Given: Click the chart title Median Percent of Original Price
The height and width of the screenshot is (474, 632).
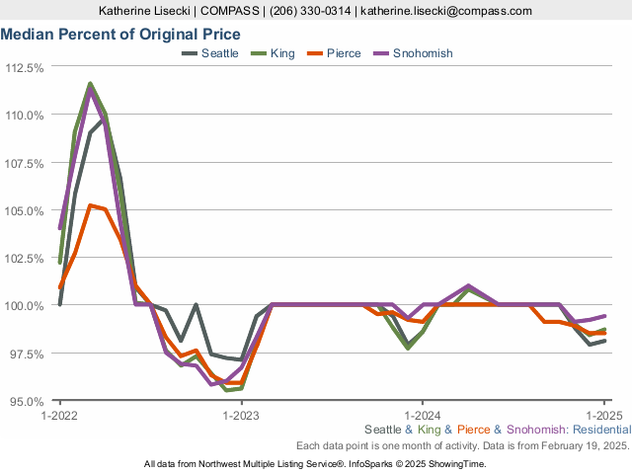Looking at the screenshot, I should (x=120, y=34).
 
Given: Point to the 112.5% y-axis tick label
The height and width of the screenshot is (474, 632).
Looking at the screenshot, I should (x=26, y=68).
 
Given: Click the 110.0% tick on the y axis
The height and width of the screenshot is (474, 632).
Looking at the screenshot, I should (x=26, y=116).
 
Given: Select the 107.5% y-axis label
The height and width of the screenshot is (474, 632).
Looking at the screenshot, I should (x=26, y=163).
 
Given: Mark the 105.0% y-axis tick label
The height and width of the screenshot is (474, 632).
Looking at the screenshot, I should (x=26, y=210).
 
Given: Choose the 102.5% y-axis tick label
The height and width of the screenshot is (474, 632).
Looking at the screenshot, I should (x=26, y=259).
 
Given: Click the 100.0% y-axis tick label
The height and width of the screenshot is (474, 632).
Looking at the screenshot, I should (x=26, y=306).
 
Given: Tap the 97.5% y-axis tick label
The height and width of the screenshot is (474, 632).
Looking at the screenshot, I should (x=28, y=354).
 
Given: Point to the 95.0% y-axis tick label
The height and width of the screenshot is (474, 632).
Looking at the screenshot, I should (x=28, y=401).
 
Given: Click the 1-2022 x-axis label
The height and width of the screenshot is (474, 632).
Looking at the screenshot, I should (x=60, y=416).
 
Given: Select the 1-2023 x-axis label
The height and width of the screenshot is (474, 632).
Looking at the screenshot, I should (x=241, y=416).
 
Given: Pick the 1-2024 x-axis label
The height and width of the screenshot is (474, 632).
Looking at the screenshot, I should (x=423, y=416).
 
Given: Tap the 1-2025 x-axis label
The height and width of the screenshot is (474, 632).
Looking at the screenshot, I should (x=603, y=416).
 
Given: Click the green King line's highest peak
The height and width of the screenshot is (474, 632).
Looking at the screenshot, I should (x=90, y=84).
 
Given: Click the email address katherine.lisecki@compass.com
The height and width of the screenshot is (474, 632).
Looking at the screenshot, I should (x=447, y=11).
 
